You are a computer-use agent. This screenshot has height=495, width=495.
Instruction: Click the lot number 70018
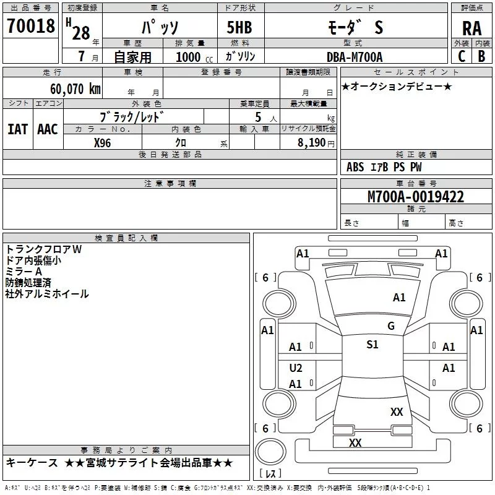[x=30, y=25]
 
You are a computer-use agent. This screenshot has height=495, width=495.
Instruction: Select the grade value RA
[x=471, y=28]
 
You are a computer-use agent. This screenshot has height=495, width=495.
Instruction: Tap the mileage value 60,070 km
[x=75, y=88]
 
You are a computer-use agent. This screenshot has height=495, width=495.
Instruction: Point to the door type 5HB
[x=239, y=27]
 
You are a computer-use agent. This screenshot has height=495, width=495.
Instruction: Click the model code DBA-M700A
[x=355, y=57]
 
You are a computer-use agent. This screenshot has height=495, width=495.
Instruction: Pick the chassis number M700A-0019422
[x=416, y=197]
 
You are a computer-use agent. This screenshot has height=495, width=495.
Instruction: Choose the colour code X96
[x=102, y=143]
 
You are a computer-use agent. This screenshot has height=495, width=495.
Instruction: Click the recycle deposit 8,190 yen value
[x=316, y=143]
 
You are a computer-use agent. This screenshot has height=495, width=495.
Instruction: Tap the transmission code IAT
[x=17, y=129]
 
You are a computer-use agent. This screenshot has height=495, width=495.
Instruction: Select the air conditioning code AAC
[x=48, y=129]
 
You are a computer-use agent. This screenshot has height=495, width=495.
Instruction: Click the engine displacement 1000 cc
[x=194, y=57]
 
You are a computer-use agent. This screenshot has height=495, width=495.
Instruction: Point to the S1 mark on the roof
[x=372, y=345]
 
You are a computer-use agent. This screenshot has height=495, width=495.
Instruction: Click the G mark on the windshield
[x=391, y=326]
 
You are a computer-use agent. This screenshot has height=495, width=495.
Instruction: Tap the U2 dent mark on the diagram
[x=296, y=368]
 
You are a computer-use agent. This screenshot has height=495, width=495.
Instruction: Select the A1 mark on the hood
[x=399, y=298]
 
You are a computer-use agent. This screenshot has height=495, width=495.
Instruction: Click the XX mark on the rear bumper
[x=355, y=442]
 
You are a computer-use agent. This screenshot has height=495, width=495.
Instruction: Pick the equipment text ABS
[x=355, y=167]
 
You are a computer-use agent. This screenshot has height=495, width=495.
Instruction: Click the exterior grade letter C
[x=462, y=56]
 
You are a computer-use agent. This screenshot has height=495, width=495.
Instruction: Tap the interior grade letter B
[x=481, y=56]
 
